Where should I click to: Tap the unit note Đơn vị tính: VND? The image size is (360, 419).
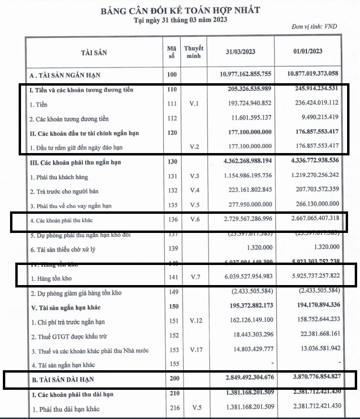coord(314,26)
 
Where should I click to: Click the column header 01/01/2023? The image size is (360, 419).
coord(307,52)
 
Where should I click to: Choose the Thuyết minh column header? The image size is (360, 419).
coord(194,52)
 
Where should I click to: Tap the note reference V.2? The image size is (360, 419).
coord(194,146)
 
